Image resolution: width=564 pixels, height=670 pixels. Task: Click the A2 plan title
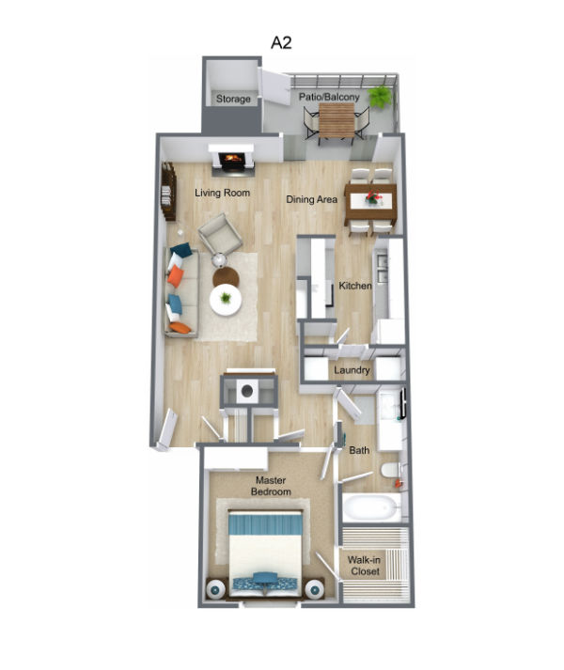pos(281,42)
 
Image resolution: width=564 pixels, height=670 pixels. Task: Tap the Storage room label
pos(233,99)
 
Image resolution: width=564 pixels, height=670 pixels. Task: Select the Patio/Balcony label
pos(330,95)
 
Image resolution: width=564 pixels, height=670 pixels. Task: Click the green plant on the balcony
pos(381,95)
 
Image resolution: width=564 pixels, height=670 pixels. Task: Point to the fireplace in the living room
pos(232,161)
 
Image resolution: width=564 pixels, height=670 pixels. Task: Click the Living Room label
pos(223,193)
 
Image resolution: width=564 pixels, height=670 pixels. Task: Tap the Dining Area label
pos(312,200)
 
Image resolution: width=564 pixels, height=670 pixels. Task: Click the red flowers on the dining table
pos(373,198)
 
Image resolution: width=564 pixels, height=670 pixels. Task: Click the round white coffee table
pos(226,300)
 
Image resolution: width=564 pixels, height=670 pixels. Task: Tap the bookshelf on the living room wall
pos(169,191)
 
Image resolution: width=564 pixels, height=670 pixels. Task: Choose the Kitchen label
pos(355,286)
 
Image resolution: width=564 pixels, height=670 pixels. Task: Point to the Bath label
pos(359,451)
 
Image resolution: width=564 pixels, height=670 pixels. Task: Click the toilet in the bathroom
pos(390,471)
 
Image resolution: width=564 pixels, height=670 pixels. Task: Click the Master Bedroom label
pos(271,486)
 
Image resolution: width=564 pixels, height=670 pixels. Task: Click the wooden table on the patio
pos(336,119)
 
